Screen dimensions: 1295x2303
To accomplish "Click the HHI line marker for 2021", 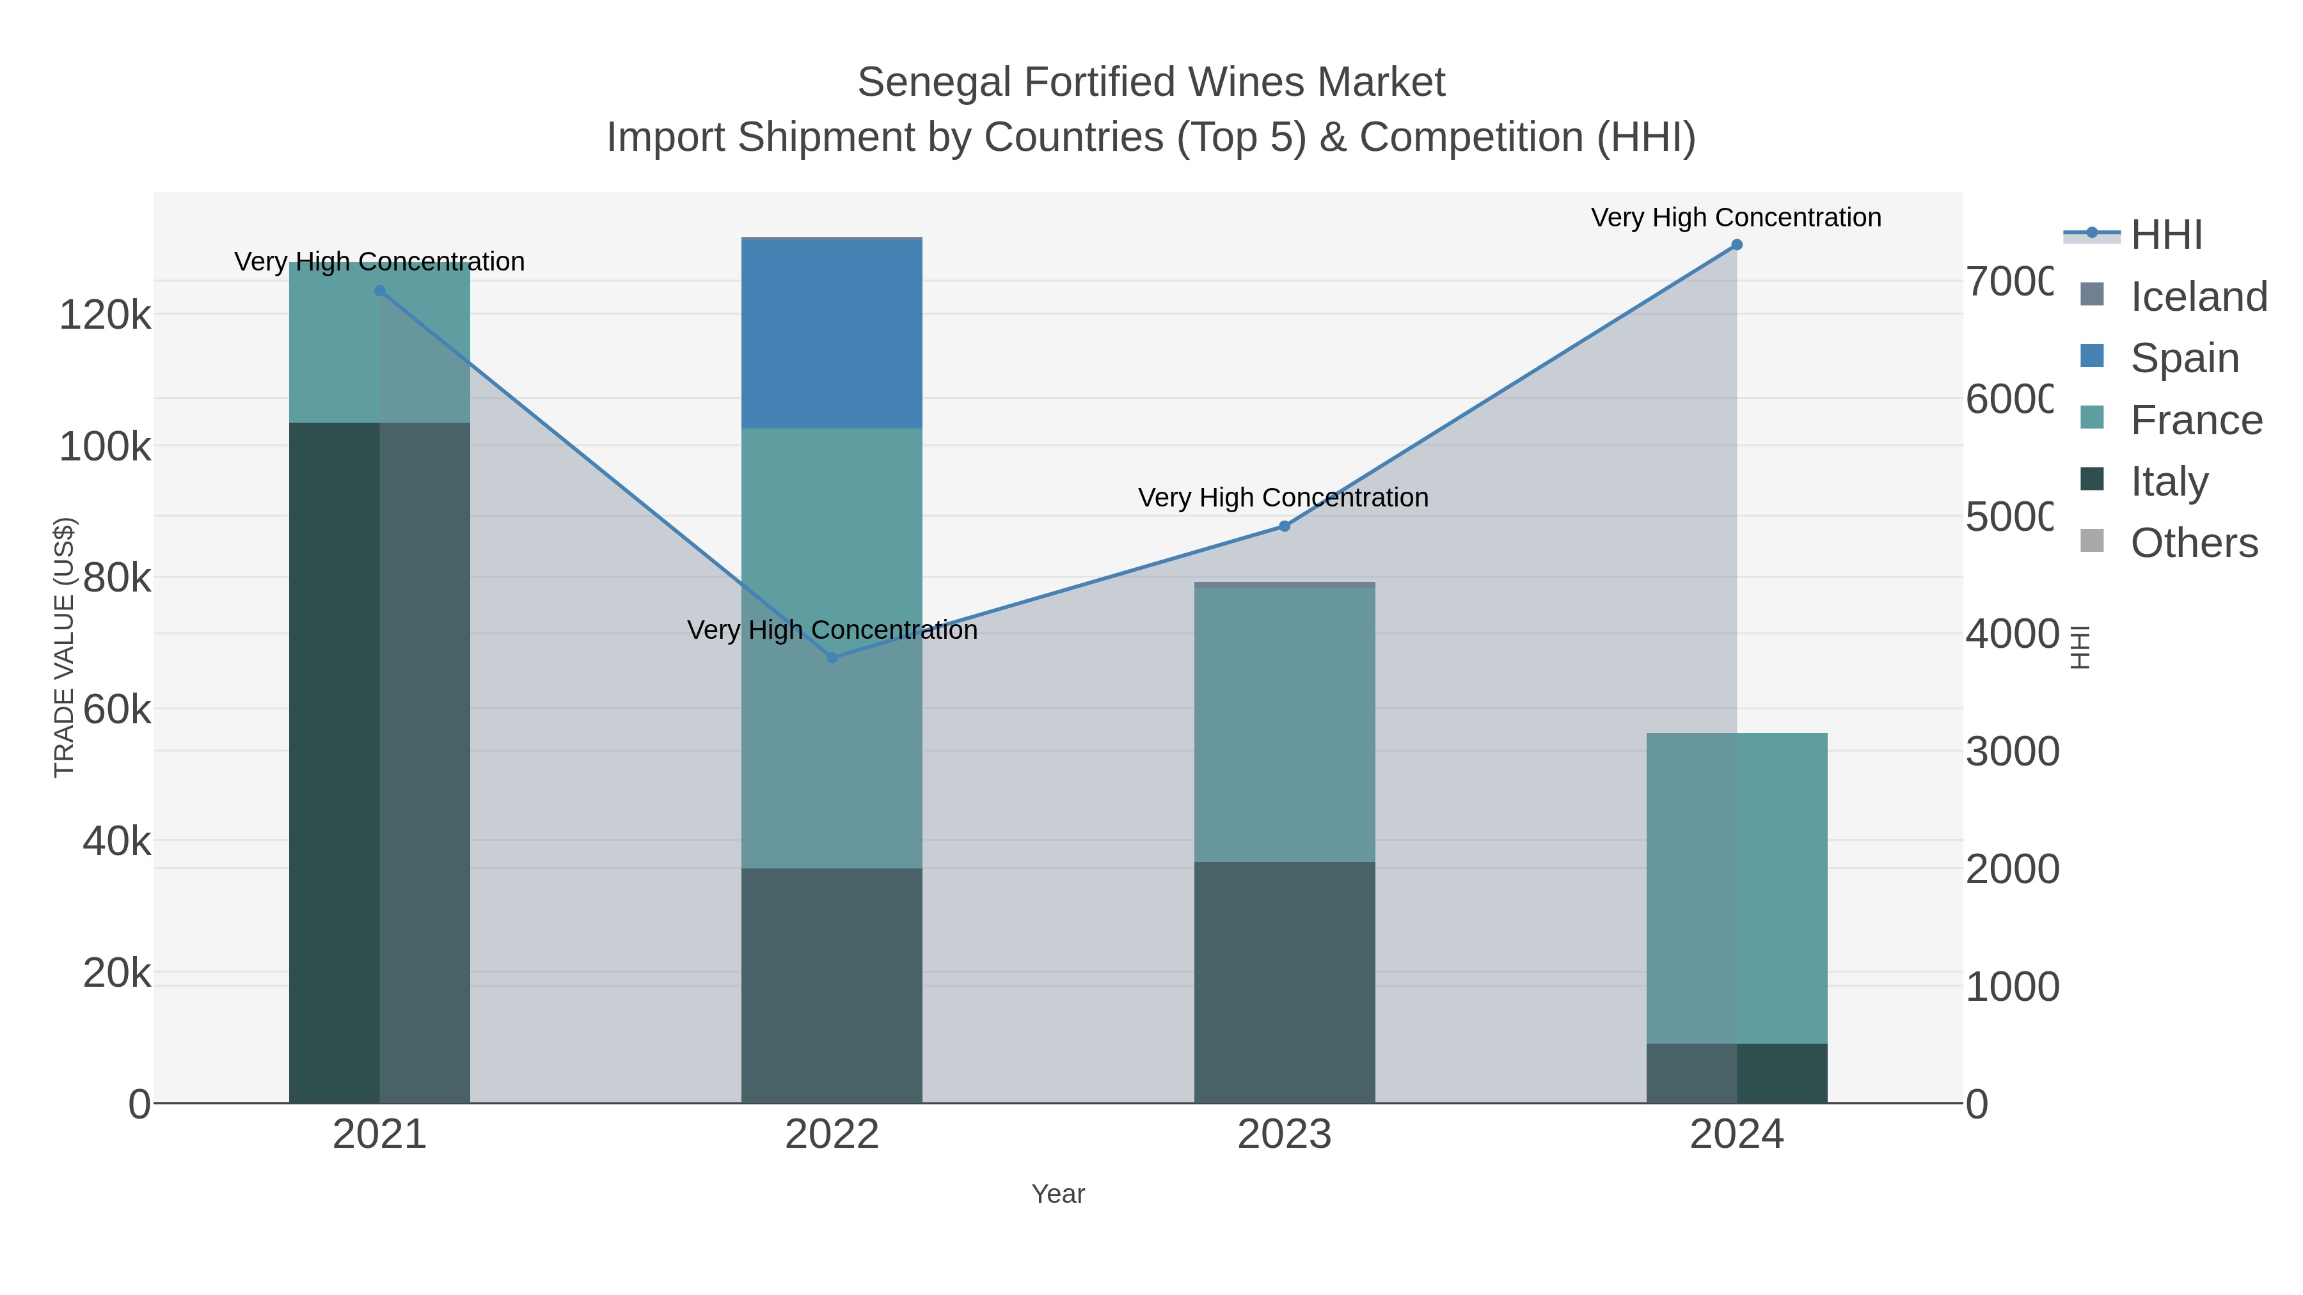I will (x=379, y=290).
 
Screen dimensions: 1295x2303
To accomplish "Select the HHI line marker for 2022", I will (x=832, y=658).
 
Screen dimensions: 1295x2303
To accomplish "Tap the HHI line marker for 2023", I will (x=1284, y=526).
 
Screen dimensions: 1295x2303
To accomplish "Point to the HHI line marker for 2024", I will (x=1736, y=245).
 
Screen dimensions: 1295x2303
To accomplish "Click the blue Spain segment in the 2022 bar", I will (x=832, y=334).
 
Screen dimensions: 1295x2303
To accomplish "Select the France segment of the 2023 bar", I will (x=1284, y=724).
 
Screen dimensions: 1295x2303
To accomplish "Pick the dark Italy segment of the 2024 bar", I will (x=1736, y=1072).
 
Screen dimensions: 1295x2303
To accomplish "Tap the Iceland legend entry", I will (x=2197, y=297).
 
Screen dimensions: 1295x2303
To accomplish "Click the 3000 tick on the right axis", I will (x=2011, y=751).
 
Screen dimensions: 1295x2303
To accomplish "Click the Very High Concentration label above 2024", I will (x=1736, y=217).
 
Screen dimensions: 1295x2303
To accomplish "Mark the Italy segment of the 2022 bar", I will (x=832, y=983).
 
